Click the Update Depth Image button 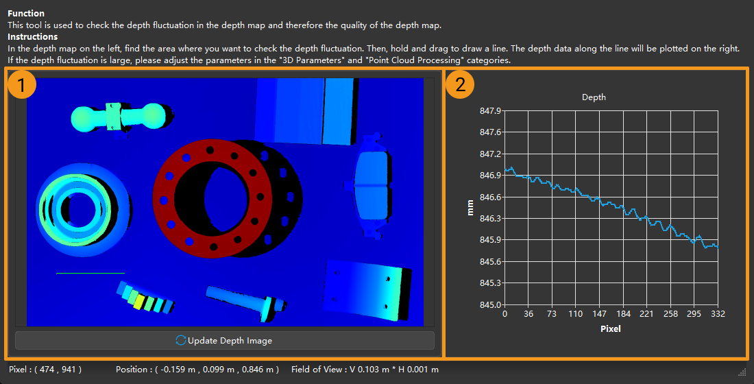[225, 341]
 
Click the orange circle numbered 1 [22, 85]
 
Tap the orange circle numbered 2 [460, 85]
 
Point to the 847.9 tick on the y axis [490, 111]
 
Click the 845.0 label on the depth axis [490, 304]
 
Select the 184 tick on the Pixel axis [623, 314]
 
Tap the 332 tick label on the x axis [718, 314]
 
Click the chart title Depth [594, 97]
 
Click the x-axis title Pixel [611, 329]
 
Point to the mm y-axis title [470, 207]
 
